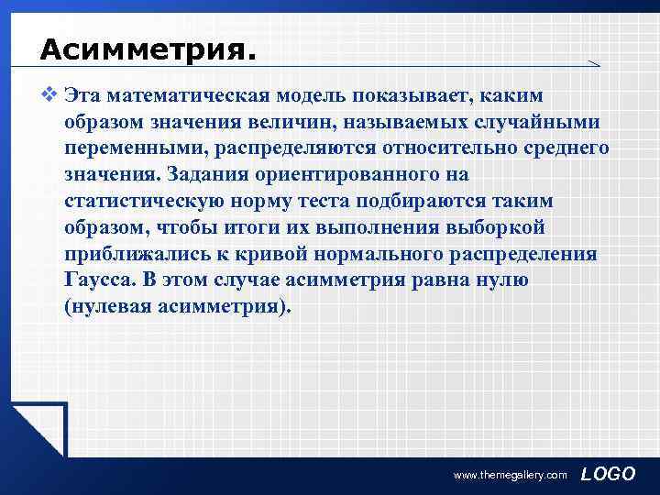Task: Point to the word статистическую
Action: click(x=149, y=201)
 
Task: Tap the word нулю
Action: click(x=499, y=280)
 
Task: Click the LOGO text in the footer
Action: click(x=609, y=473)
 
